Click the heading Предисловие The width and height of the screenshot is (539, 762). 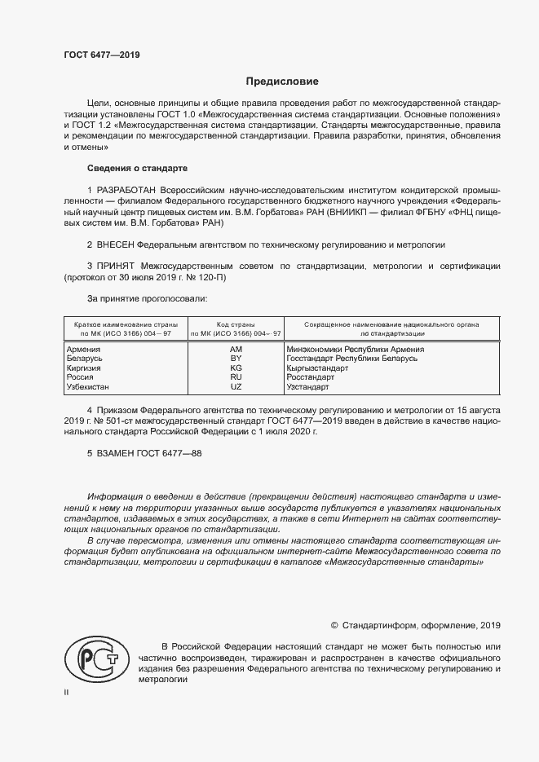282,81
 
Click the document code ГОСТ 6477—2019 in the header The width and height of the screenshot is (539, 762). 102,55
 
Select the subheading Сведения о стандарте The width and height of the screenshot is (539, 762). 137,168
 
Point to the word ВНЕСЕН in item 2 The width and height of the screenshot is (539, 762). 115,244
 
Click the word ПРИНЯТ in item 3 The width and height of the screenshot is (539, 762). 117,266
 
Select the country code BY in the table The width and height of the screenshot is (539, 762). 236,359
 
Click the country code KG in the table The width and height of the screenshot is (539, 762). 236,368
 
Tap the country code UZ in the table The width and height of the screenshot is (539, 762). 236,387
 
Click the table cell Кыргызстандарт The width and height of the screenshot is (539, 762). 317,368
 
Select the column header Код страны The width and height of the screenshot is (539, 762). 236,324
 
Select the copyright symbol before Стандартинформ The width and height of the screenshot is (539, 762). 334,625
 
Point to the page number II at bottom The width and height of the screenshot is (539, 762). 67,693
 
